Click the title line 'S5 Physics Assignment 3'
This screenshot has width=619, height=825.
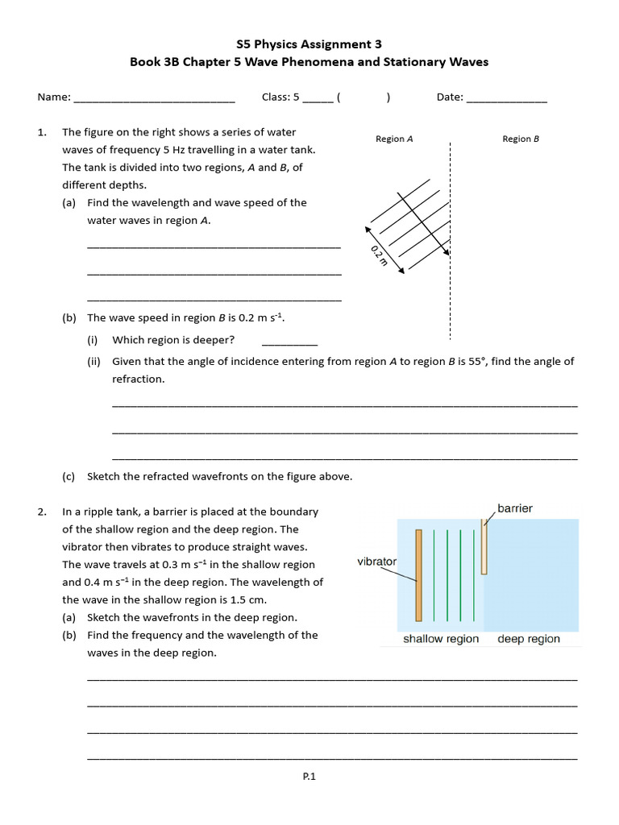pos(309,44)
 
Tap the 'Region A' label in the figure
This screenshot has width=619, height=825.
pos(394,139)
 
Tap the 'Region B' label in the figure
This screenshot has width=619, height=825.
pos(520,139)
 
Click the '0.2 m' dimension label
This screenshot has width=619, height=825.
pos(379,257)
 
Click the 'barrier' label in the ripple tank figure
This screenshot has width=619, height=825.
pos(515,508)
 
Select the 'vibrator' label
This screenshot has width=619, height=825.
pos(376,562)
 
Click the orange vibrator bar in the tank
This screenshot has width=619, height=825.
pos(418,575)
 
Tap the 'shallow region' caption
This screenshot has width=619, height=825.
pos(441,639)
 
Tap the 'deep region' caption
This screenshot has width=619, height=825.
pos(529,639)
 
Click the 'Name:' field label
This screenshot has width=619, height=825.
pos(54,97)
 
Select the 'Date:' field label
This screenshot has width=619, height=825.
pos(450,97)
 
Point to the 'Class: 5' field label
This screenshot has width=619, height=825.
pos(280,97)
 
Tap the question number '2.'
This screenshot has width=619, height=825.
pos(43,512)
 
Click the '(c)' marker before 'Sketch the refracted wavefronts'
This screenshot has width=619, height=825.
pos(69,476)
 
